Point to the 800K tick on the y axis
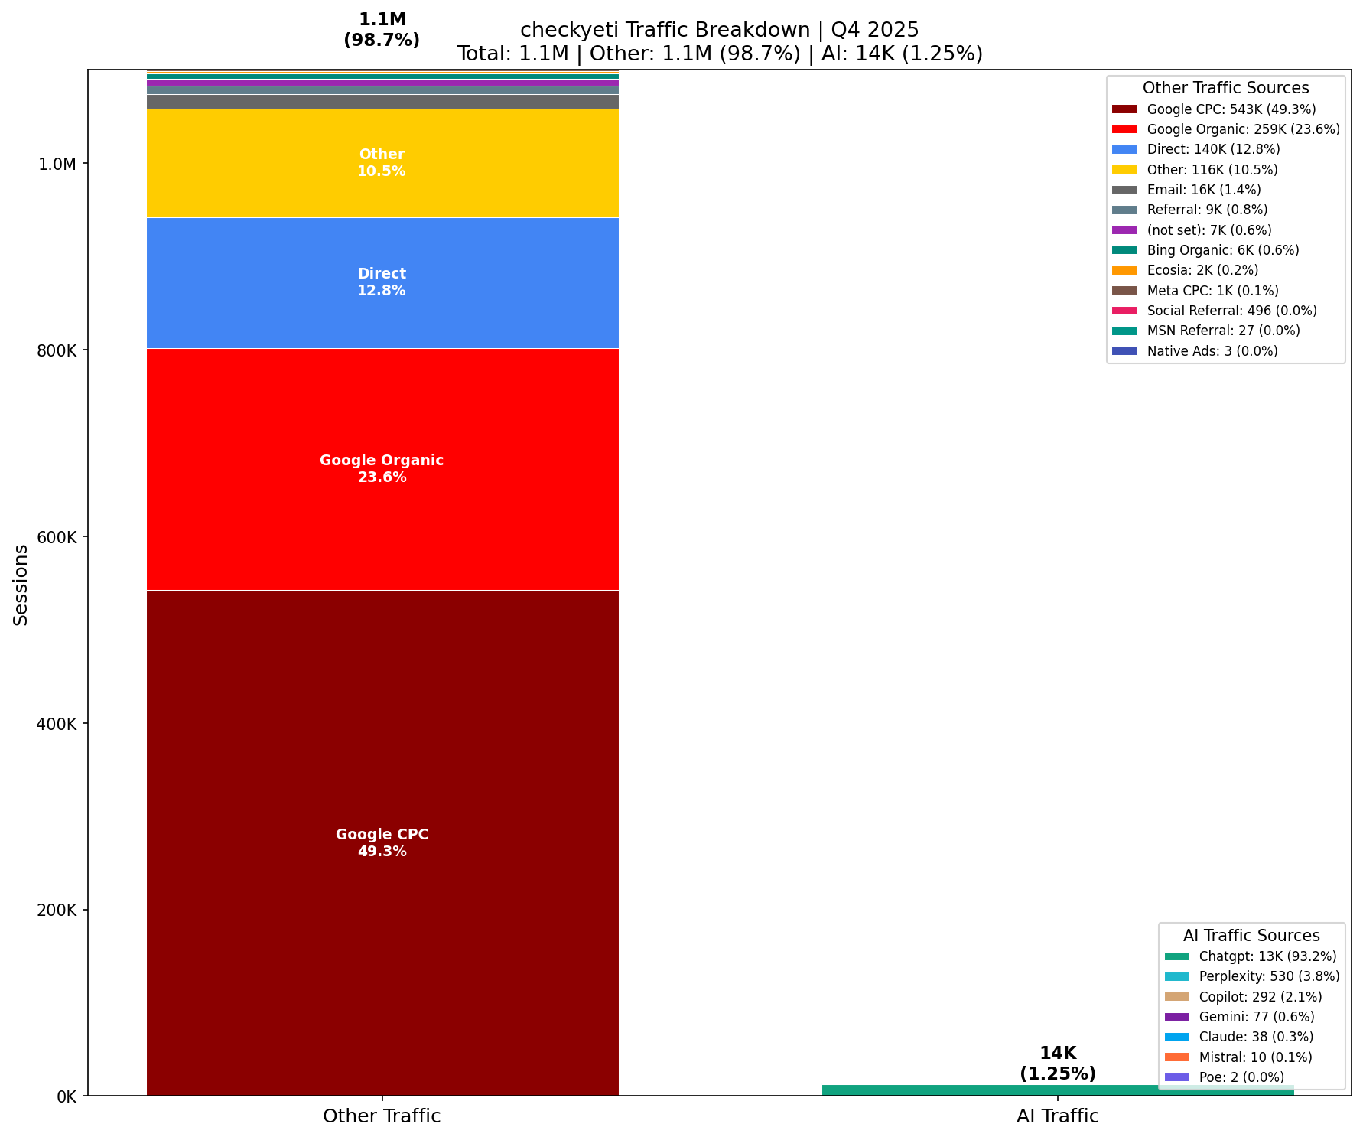[57, 350]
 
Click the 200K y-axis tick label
[57, 910]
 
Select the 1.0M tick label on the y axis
[58, 164]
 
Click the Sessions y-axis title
[21, 585]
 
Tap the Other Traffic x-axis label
[382, 1116]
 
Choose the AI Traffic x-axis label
[1057, 1116]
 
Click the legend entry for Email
[1203, 190]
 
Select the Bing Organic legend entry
[1222, 250]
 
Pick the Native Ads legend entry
[1212, 351]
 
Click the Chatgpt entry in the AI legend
[1267, 956]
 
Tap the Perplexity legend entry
[1269, 976]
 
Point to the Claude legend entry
[1256, 1037]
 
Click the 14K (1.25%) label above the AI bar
[1057, 1064]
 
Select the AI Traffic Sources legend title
[1251, 936]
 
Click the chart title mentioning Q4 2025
[719, 30]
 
